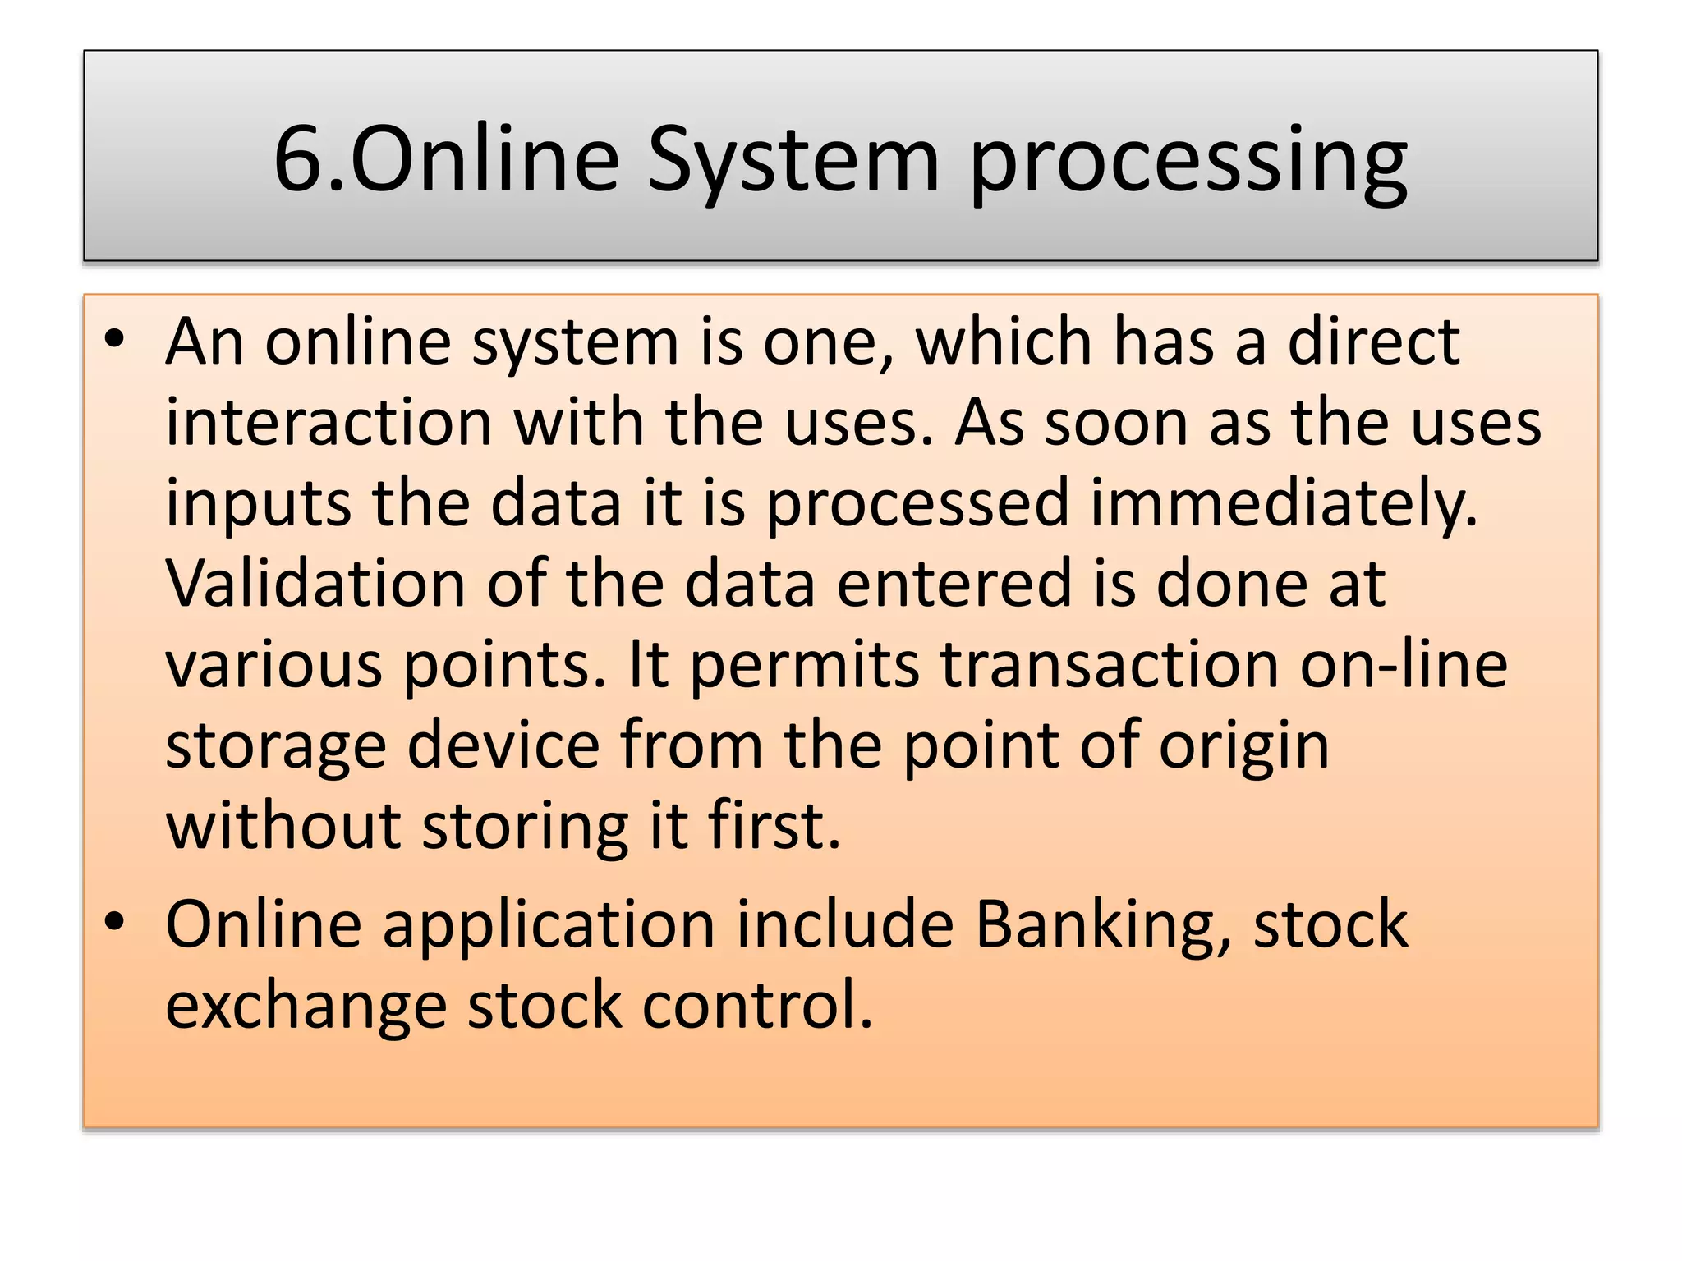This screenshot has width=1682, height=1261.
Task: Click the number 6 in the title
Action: point(299,159)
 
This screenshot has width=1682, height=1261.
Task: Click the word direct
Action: point(1372,341)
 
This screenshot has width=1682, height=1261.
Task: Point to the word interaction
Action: point(329,422)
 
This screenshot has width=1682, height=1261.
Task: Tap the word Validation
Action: point(315,583)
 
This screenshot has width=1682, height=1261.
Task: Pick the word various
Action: point(273,663)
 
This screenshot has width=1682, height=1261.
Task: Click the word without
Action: point(283,825)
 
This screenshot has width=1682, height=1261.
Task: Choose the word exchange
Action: point(306,1005)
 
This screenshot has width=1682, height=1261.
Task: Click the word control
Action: point(756,1005)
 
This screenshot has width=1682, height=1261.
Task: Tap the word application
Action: point(549,924)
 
